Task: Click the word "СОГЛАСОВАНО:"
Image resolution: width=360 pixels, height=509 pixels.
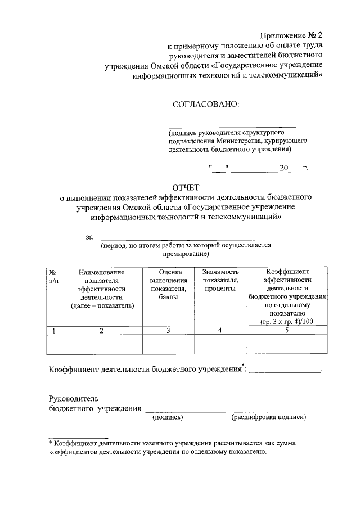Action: point(205,103)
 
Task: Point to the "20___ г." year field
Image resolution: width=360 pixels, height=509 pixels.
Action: point(294,168)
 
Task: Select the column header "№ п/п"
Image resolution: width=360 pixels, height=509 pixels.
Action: point(53,276)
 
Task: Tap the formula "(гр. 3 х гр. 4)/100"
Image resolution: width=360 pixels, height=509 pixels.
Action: point(287,321)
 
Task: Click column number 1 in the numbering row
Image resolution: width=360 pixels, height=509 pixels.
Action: point(53,331)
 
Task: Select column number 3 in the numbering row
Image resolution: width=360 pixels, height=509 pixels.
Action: point(168,331)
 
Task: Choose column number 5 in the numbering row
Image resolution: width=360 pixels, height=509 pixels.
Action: point(287,331)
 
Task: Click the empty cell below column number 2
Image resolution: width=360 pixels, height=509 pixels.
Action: point(102,345)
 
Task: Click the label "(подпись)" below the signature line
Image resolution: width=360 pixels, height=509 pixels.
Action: point(168,417)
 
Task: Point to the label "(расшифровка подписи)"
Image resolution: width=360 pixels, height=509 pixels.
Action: point(268,417)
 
